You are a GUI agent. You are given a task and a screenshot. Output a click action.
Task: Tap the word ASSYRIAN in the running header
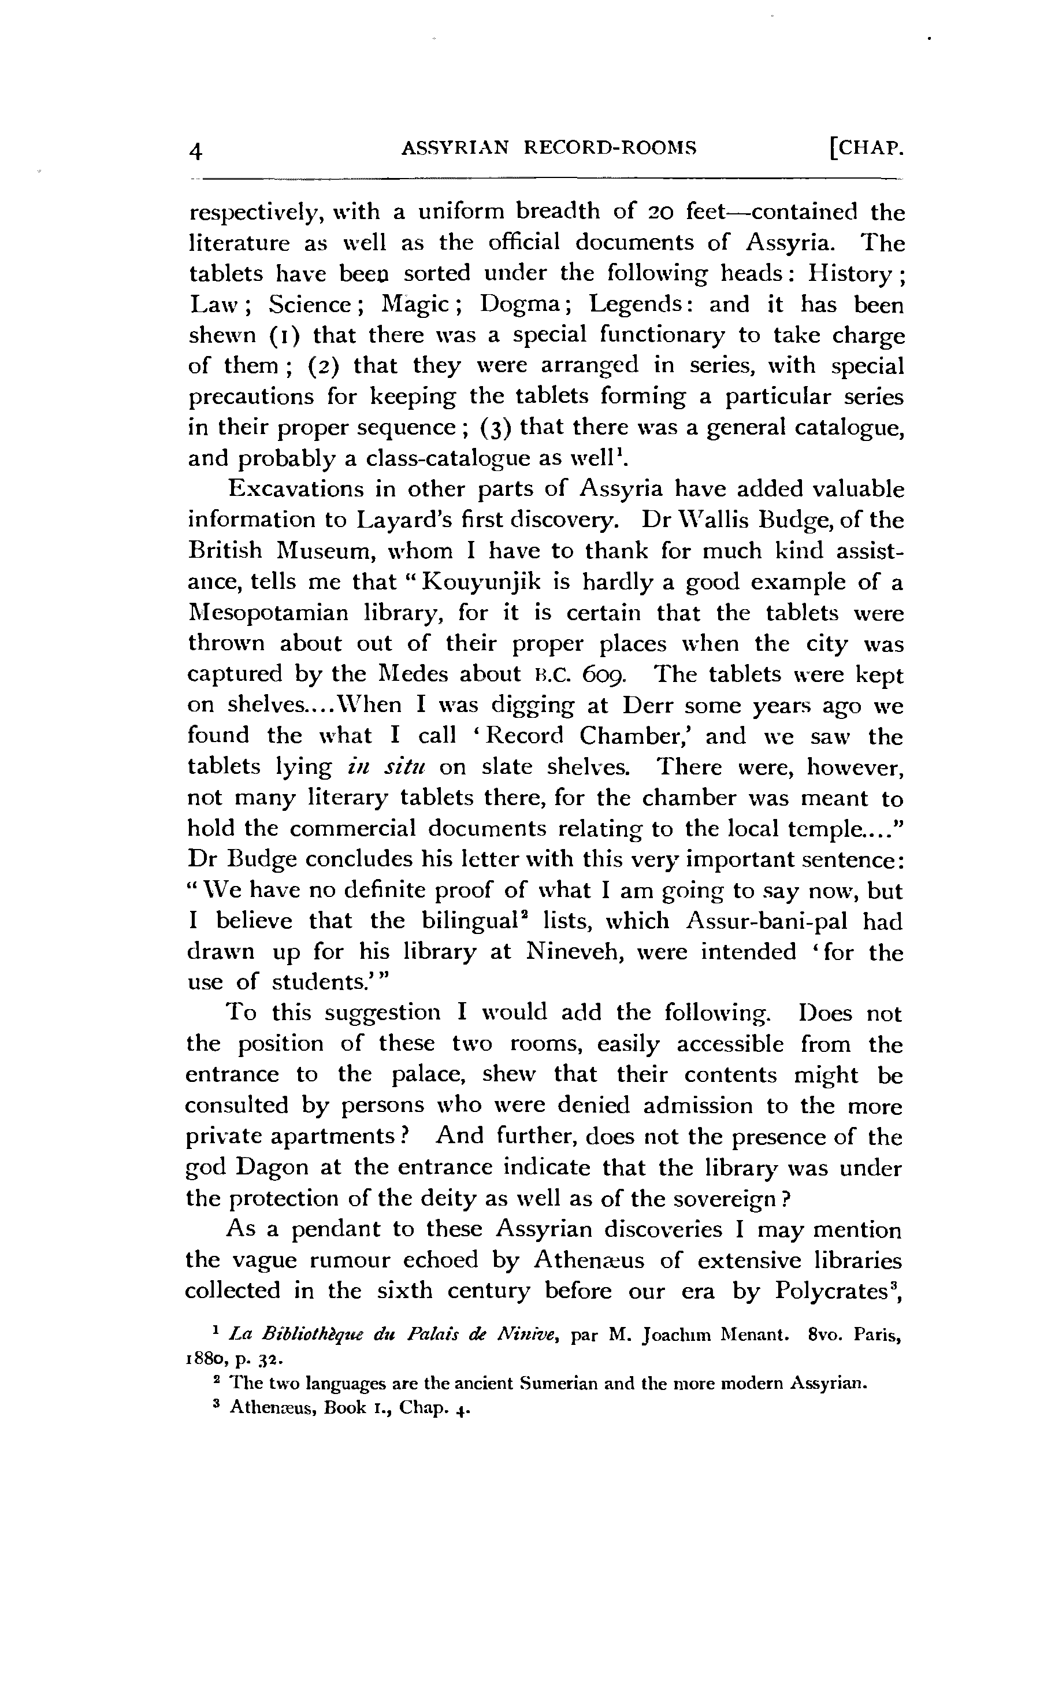[455, 148]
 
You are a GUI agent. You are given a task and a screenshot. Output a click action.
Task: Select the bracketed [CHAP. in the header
[866, 148]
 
